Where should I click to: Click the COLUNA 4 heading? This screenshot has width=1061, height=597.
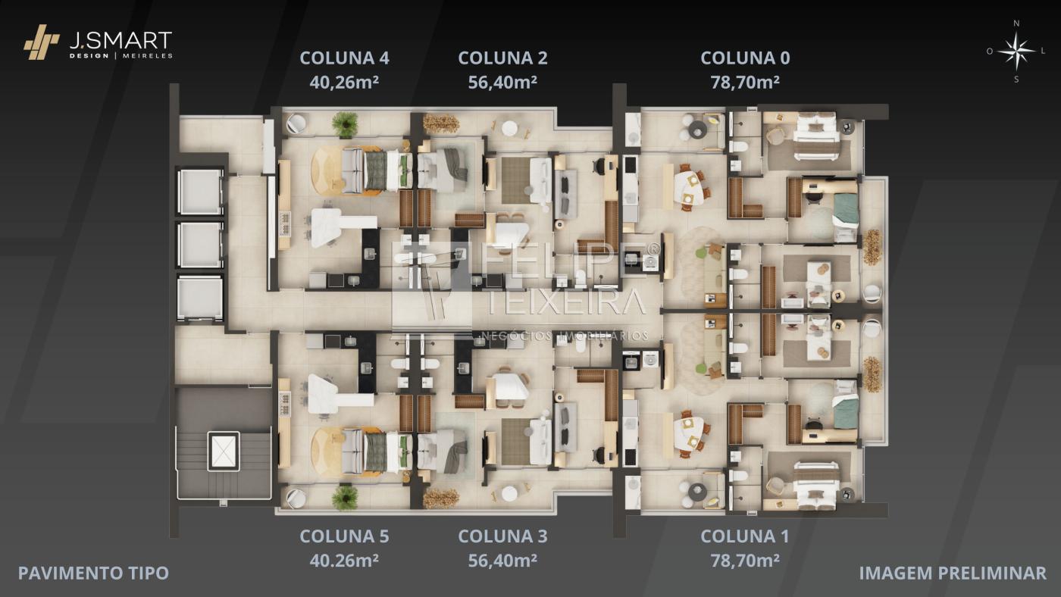tap(344, 58)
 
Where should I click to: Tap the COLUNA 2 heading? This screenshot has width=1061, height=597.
tap(502, 58)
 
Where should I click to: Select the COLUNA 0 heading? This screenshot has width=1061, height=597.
tap(745, 58)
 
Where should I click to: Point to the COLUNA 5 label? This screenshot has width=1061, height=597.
tap(344, 536)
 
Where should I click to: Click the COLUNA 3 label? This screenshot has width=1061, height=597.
tap(502, 536)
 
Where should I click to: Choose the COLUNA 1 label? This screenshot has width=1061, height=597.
tap(744, 536)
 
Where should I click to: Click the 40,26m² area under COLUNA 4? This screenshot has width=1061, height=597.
tap(344, 83)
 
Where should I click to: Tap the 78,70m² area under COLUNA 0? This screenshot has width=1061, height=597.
tap(745, 83)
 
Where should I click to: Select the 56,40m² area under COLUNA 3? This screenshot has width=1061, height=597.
tap(502, 561)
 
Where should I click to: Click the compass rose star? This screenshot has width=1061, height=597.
tap(1016, 51)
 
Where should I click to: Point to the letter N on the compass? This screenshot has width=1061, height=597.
tap(1016, 23)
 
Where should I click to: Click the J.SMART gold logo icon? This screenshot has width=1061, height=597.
tap(42, 42)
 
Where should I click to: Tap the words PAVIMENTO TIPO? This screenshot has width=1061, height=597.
tap(93, 574)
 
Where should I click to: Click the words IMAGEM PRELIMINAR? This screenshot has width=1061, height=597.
tap(953, 574)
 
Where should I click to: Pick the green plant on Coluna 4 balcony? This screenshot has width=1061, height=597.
tap(345, 124)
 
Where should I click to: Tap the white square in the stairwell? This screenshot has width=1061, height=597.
tap(224, 450)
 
